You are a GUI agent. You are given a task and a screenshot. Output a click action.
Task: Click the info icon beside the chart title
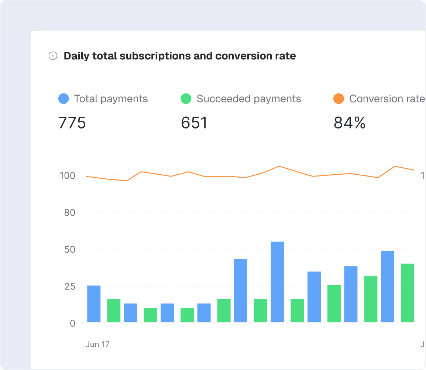53,56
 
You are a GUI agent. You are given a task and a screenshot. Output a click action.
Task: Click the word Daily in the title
77,56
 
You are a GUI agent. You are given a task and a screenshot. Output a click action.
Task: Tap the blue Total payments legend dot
63,99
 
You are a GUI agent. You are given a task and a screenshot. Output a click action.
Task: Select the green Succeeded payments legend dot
186,99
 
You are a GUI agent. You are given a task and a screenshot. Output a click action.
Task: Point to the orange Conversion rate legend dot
339,99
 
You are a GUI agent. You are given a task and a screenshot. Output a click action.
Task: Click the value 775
72,123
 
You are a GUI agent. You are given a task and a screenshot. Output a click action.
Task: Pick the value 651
194,123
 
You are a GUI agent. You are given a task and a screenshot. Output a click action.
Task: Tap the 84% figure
350,123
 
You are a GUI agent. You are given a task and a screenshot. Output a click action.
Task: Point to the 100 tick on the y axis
67,175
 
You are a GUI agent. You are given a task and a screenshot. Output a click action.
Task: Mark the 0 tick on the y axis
72,323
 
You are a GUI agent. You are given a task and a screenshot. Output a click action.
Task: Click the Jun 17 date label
97,344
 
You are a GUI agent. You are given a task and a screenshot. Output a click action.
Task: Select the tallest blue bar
277,282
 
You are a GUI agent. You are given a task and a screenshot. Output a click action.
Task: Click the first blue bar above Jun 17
94,304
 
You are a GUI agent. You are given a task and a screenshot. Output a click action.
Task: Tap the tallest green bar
408,293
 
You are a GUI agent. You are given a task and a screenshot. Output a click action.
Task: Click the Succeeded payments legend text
249,99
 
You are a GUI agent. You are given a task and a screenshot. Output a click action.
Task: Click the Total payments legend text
111,99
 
